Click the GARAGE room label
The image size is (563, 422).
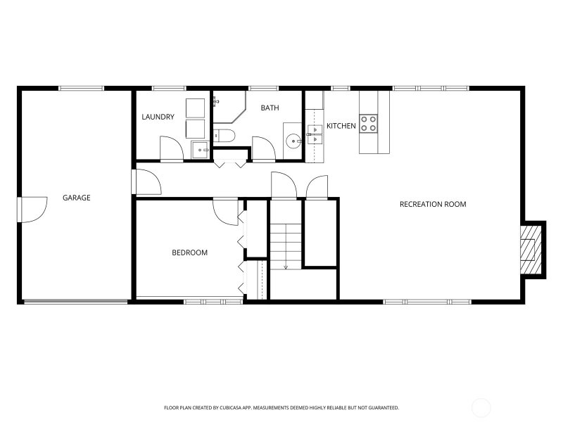77,198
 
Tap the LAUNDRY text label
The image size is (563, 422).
158,117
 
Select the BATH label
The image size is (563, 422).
270,108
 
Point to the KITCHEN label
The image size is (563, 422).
341,126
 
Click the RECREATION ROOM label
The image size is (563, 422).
433,204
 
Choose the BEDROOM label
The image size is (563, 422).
189,252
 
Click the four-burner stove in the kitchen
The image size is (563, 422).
369,124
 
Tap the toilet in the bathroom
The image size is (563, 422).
224,136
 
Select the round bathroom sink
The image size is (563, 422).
293,141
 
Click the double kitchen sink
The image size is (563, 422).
315,134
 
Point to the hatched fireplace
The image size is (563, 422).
531,250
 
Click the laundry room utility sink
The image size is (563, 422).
200,150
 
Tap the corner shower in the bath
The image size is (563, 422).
229,107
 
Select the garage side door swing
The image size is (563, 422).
33,210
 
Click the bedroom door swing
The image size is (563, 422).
225,212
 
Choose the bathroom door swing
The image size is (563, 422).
263,148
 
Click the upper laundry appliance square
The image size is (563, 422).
196,108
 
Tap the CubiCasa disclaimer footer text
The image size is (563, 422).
281,408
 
